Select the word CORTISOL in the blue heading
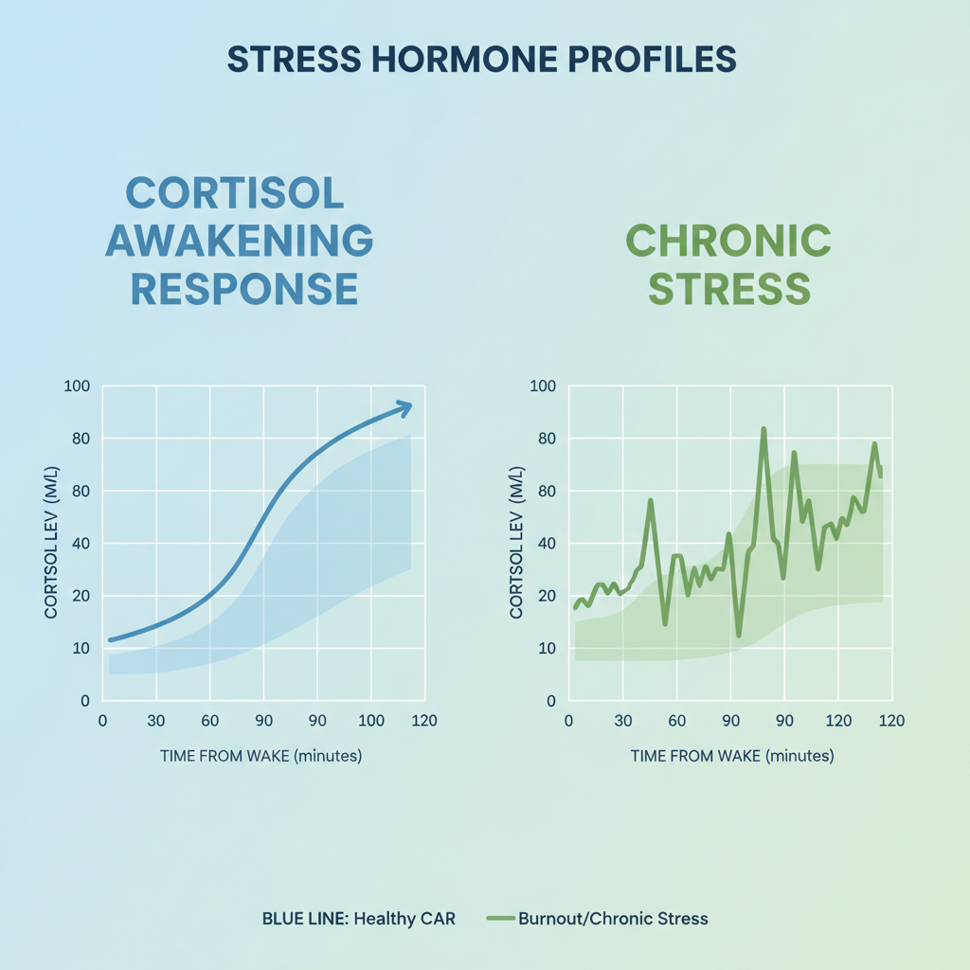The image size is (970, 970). [235, 194]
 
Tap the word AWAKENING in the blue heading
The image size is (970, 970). [239, 241]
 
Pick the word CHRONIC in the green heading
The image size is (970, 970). [728, 241]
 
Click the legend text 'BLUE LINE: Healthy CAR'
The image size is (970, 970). [359, 918]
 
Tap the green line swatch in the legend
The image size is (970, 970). [500, 918]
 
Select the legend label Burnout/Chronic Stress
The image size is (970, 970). [613, 918]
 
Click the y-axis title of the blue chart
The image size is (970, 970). [52, 543]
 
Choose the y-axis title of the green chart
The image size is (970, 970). [517, 543]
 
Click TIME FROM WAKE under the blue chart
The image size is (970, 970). [260, 756]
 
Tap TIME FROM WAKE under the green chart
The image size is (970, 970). [732, 756]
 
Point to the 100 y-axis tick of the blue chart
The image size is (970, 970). [76, 386]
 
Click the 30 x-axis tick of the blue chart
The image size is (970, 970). [155, 720]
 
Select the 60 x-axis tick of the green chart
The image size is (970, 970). [676, 720]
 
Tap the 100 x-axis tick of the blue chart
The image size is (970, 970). [371, 720]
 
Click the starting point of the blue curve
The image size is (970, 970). [111, 640]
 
